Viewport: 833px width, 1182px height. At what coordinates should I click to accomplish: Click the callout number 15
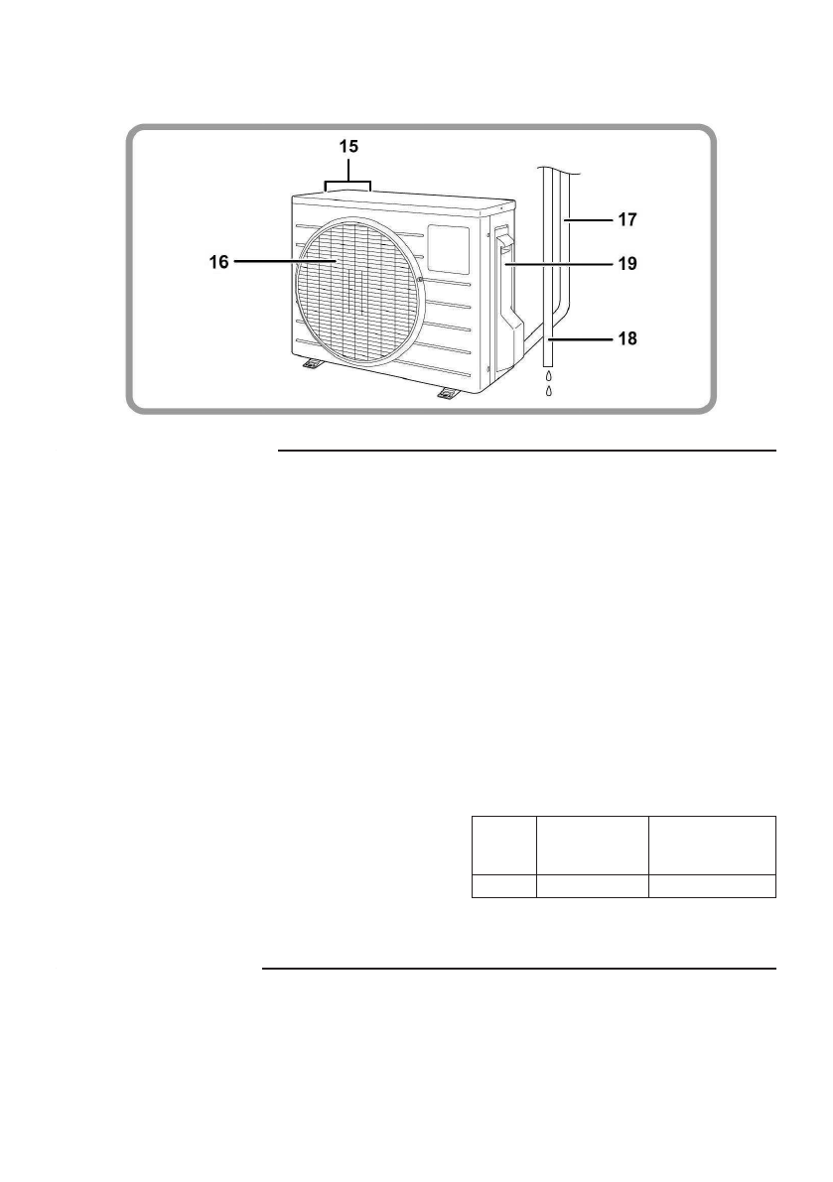tap(347, 145)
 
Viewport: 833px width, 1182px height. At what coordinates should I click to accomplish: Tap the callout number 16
tap(219, 262)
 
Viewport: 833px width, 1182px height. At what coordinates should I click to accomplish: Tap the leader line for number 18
tap(577, 338)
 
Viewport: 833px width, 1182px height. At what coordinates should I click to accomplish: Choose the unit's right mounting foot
tap(450, 393)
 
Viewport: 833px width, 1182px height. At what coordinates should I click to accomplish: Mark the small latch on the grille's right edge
tap(422, 281)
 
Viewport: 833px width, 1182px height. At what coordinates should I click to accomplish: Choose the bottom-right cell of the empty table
tap(712, 887)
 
